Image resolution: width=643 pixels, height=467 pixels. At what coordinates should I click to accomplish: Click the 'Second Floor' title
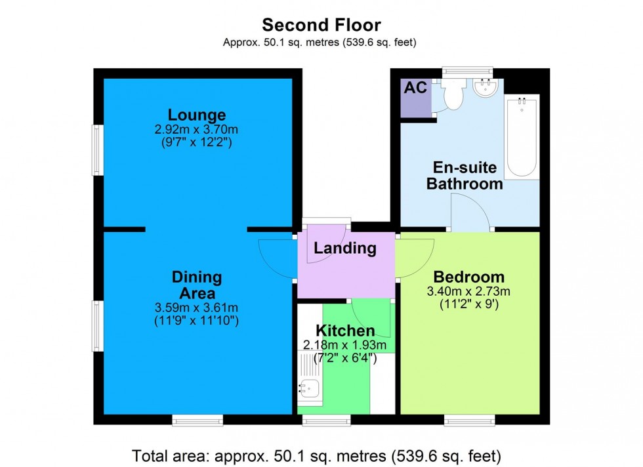click(321, 25)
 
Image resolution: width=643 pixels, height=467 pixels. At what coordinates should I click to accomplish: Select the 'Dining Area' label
click(197, 285)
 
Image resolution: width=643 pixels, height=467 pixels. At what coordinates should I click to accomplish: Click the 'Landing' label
click(344, 249)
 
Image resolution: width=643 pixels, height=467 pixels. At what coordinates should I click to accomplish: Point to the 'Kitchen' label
click(345, 331)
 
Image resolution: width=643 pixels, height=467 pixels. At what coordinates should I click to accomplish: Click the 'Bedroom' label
click(468, 277)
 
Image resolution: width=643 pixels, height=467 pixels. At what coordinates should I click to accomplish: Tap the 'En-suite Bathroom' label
click(465, 175)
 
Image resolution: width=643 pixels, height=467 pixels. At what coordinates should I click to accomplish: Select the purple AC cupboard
click(415, 97)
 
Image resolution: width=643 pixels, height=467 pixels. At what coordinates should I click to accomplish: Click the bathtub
click(522, 136)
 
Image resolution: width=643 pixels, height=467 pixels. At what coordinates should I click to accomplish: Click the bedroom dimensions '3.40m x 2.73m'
click(468, 291)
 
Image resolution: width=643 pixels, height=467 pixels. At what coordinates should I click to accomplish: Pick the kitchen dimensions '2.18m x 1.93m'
click(345, 346)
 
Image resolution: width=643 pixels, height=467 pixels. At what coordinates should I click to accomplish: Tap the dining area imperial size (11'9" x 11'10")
click(197, 321)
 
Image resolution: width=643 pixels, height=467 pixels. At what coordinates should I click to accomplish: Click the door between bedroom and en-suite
click(472, 214)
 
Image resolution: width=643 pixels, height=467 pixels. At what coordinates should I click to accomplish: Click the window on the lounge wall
click(97, 150)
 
